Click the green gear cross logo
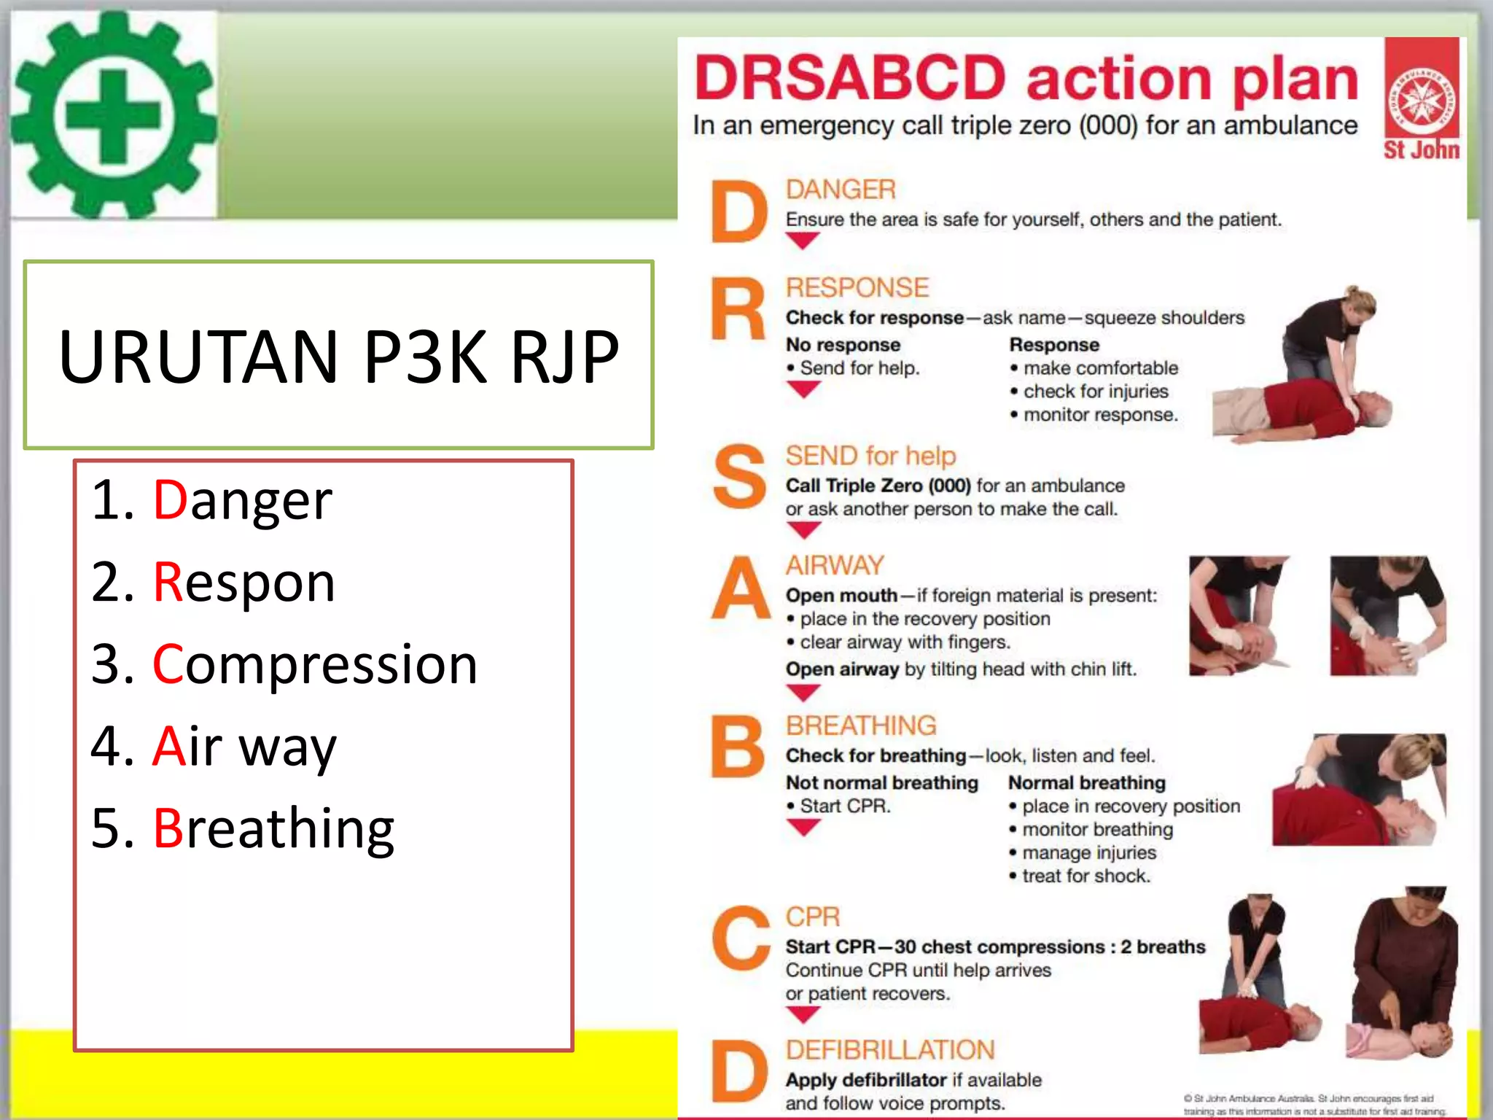pos(113,115)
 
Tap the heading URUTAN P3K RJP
pos(338,356)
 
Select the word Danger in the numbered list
pos(243,501)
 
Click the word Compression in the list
pos(315,664)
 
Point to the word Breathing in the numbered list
pos(273,828)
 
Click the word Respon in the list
pos(244,583)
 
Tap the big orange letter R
pos(738,311)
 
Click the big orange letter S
pos(738,478)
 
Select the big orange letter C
pos(740,939)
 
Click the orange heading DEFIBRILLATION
pos(889,1050)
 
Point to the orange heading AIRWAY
pos(834,565)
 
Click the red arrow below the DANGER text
pos(803,241)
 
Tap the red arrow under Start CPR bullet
pos(803,828)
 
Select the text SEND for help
pos(870,456)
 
